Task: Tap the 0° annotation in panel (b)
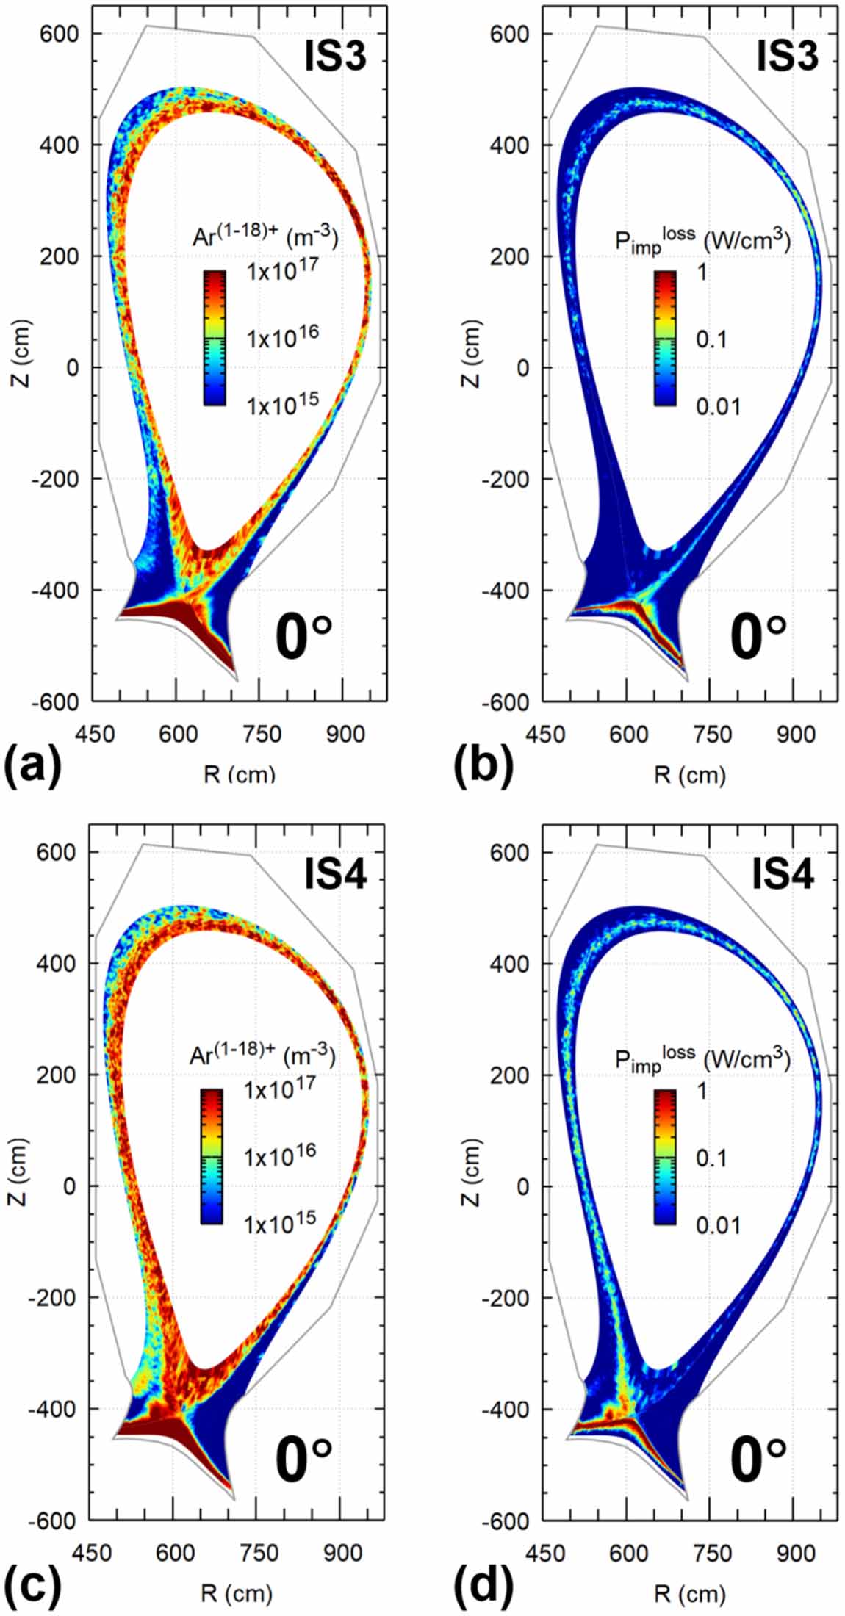click(x=758, y=638)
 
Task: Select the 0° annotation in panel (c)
click(x=303, y=1457)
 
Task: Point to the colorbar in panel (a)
click(x=214, y=338)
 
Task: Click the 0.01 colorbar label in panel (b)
click(x=718, y=405)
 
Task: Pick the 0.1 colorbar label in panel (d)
click(x=711, y=1158)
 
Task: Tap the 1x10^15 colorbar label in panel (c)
click(x=280, y=1220)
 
